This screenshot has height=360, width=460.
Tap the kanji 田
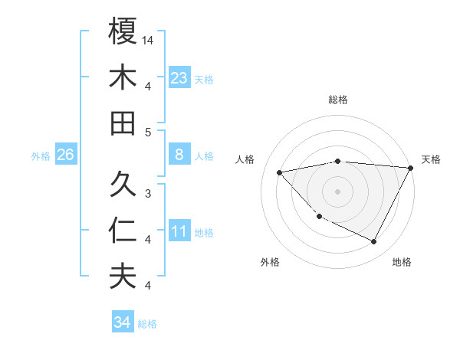(123, 123)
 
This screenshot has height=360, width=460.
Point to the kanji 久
(123, 185)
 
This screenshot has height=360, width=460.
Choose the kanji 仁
(123, 231)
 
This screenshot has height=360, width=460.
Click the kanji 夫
(123, 277)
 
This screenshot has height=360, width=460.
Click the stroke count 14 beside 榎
(149, 39)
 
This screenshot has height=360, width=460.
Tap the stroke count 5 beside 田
(149, 132)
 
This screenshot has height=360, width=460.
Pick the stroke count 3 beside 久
(149, 193)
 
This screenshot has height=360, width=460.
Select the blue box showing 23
(179, 78)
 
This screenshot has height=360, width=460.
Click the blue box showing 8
(179, 155)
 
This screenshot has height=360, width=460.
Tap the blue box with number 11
(179, 231)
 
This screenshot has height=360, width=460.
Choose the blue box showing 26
(65, 155)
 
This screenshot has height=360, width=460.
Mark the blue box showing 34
(123, 322)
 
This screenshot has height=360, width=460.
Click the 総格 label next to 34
(147, 324)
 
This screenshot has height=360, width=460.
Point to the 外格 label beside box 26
(41, 156)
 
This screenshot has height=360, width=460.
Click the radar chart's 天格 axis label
(431, 159)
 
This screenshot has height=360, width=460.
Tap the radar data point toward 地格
(374, 242)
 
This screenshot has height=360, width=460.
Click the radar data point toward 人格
(279, 172)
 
